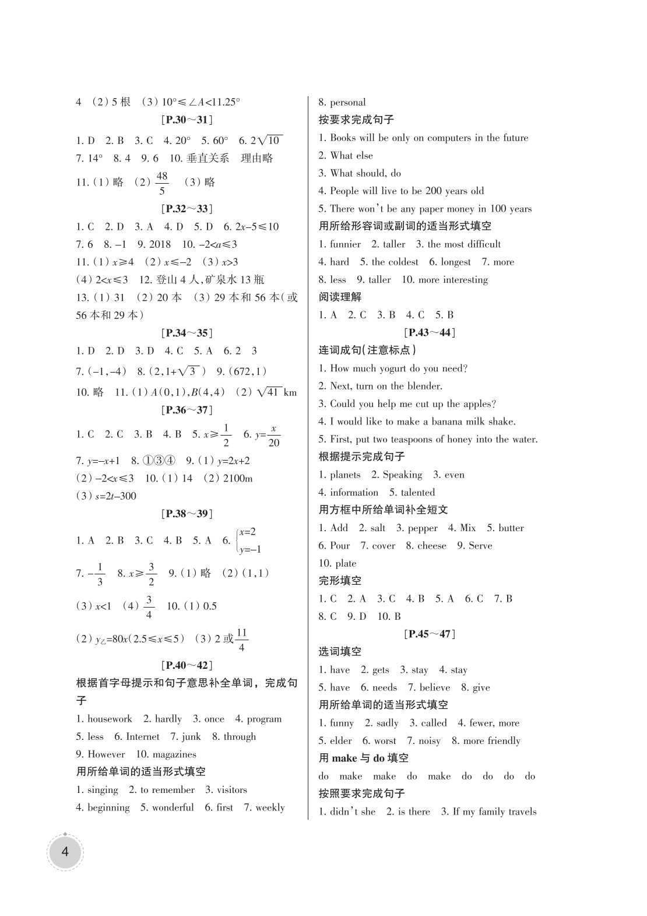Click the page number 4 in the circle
click(65, 852)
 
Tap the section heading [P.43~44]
click(429, 332)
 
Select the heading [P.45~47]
click(429, 634)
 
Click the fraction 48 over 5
click(161, 183)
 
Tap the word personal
click(348, 103)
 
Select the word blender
click(423, 386)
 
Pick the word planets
click(345, 475)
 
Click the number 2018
click(160, 244)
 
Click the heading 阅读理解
click(340, 297)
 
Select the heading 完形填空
click(340, 581)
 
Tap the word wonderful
click(173, 808)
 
